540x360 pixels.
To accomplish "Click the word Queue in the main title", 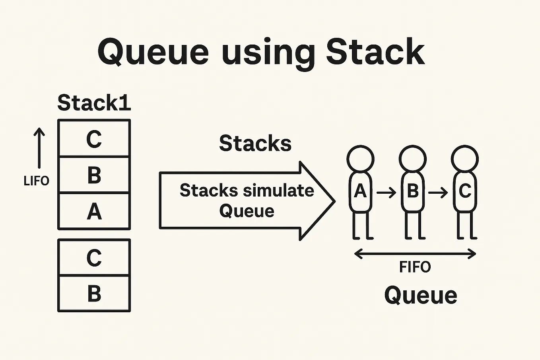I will pos(153,53).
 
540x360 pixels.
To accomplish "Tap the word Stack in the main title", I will pos(375,52).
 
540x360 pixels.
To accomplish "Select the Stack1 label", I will pos(94,103).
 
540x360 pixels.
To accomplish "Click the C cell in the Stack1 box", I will pos(94,139).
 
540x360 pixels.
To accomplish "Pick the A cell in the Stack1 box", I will pos(94,211).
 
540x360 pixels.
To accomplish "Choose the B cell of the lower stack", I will pos(94,294).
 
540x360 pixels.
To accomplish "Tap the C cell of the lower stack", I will pos(94,258).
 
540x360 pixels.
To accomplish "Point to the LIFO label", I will pos(36,181).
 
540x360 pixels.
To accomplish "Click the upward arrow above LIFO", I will pos(39,148).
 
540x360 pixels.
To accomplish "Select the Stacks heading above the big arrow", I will pos(255,143).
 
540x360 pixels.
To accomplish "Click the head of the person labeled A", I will pos(360,159).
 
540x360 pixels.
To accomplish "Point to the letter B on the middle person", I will pos(413,191).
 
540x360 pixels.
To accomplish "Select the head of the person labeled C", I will pos(465,159).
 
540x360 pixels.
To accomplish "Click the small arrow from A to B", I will pos(387,193).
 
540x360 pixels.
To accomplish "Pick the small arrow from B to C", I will pos(439,193).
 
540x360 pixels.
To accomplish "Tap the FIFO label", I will pos(415,267).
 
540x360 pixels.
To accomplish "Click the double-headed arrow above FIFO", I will pos(415,254).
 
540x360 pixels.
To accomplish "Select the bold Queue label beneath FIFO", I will pos(421,296).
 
